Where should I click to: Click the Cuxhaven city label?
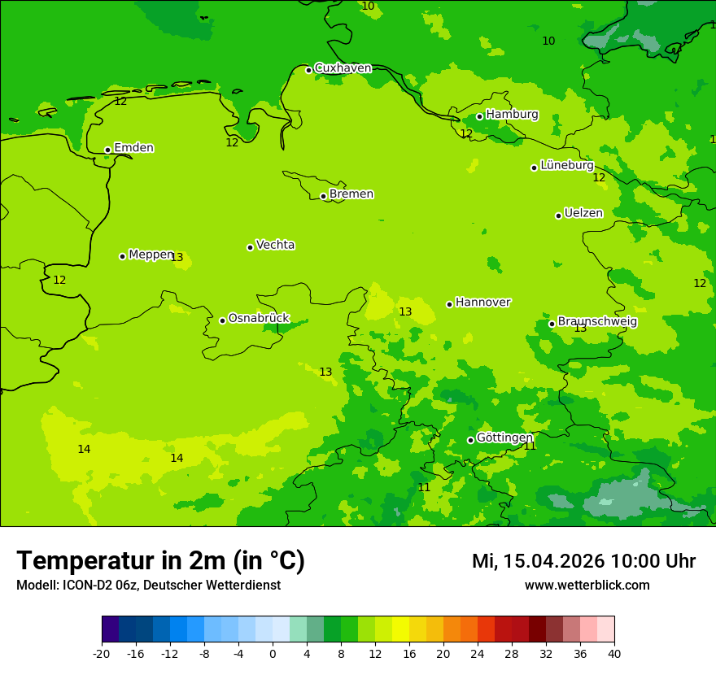coord(343,68)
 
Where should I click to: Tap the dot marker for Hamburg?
coord(479,116)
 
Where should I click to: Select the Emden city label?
coord(133,148)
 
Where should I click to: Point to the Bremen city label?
coord(351,194)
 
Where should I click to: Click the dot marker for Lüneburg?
coord(534,168)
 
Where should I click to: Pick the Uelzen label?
coord(583,214)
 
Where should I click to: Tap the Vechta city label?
coord(275,245)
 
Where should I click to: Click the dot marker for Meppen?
coord(122,256)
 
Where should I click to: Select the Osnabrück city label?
coord(258,319)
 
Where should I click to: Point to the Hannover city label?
coord(482,303)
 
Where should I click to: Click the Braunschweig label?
coord(597,322)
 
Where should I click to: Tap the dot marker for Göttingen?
coord(470,440)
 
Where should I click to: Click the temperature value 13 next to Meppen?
coord(177,258)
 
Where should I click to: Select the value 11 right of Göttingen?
coord(530,446)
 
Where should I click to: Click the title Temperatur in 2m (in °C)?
coord(160,561)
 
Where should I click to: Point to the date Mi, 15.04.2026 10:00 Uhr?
coord(583,561)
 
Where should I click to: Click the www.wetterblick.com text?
coord(587,586)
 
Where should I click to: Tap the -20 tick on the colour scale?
coord(102,654)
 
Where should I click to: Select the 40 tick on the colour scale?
coord(613,654)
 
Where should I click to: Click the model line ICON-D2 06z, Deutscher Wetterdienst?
coord(148,586)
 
